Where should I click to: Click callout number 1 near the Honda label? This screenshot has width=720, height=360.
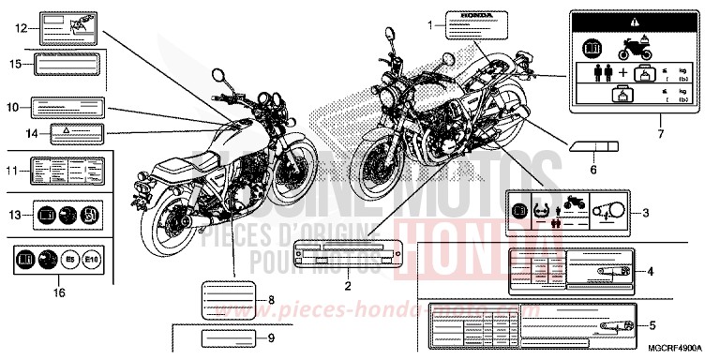point(430,23)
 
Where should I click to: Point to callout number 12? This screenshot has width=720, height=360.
point(19,29)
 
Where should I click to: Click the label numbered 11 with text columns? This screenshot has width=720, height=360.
point(65,171)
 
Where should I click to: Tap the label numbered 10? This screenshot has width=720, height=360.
point(71,107)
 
